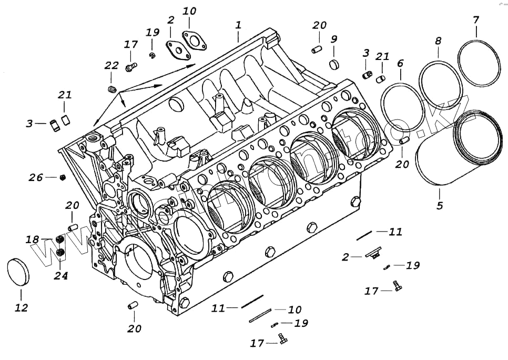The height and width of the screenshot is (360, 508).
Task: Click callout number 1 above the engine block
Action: tap(238, 25)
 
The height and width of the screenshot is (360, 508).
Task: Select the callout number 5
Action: tap(440, 205)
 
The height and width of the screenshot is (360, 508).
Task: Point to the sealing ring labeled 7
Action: tap(478, 63)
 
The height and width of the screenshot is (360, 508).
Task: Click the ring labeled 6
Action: tap(403, 108)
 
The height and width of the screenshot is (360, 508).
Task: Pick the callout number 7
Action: tap(476, 21)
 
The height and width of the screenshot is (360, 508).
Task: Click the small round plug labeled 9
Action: tap(334, 65)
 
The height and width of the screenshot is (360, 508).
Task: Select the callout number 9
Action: tap(334, 39)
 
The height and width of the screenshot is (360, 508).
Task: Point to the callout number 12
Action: tap(21, 308)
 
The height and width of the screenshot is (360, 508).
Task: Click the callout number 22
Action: tap(111, 65)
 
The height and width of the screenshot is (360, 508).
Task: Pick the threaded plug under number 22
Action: tap(111, 88)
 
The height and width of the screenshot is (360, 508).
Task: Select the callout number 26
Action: tap(36, 177)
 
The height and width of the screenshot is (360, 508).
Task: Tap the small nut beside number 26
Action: tap(62, 177)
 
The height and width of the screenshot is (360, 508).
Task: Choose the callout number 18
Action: tap(33, 239)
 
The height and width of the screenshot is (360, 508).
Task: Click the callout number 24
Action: tap(61, 275)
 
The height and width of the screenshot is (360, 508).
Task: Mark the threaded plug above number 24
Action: tap(60, 253)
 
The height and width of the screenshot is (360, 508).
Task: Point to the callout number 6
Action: tap(401, 63)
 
